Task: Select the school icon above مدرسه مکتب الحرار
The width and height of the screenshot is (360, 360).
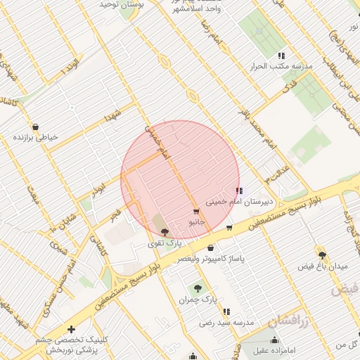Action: point(281,56)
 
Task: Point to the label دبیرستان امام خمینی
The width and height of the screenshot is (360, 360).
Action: point(238,201)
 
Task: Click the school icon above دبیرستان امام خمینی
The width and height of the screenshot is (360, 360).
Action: point(239,191)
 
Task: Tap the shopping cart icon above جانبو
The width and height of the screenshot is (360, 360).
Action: point(195,211)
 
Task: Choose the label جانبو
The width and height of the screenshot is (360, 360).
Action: point(197,221)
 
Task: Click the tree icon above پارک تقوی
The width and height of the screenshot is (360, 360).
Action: point(165,232)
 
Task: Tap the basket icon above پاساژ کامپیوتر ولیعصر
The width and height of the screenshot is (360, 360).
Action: point(211,247)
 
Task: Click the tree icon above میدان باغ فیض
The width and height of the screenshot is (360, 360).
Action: point(323,255)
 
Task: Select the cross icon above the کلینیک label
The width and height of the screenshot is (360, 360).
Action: point(71,329)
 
